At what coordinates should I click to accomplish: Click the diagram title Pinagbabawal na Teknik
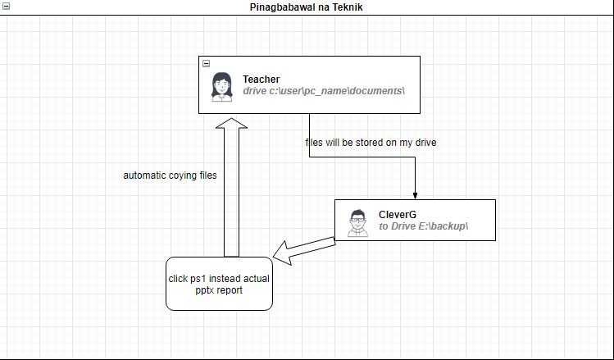pos(306,7)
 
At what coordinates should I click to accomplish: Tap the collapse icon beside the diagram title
pos(6,7)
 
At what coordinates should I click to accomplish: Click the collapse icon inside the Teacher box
pos(206,63)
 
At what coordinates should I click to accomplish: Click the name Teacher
pos(261,80)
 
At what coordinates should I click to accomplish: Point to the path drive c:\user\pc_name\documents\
pos(324,91)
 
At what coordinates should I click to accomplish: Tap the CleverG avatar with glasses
pos(357,221)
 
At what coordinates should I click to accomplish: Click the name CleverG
pos(398,215)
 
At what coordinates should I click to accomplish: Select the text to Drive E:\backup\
pos(423,226)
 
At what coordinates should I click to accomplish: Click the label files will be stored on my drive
pos(371,143)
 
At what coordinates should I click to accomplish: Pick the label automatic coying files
pos(170,175)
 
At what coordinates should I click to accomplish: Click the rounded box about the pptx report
pos(219,284)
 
